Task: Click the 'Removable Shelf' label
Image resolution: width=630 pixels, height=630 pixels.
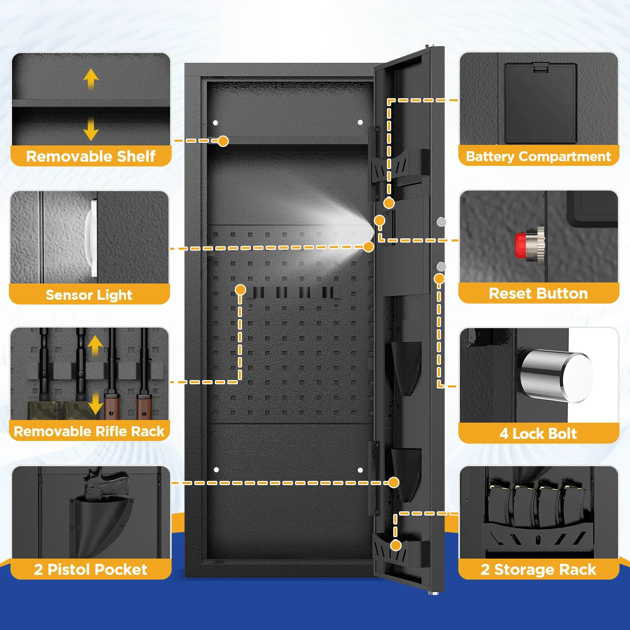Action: (91, 156)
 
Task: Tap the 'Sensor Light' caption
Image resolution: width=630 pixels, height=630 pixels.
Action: (89, 295)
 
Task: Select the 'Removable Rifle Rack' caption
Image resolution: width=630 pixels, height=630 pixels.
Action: (89, 432)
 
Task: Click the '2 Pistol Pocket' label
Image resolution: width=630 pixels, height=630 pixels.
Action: (91, 570)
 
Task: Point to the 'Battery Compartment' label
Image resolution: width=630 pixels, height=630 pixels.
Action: (539, 156)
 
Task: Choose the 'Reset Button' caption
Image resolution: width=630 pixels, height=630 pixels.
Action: (539, 293)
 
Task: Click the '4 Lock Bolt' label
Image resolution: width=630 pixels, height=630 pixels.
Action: (539, 434)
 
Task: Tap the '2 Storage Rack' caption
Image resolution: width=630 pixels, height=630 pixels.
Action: (539, 570)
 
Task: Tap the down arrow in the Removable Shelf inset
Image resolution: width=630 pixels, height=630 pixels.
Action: (91, 129)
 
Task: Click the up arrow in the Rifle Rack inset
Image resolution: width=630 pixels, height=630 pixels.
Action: (95, 345)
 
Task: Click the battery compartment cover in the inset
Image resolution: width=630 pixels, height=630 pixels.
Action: (540, 103)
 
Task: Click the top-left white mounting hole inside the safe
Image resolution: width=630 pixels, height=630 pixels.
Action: (216, 123)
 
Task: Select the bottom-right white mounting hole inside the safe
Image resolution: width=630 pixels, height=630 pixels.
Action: (360, 470)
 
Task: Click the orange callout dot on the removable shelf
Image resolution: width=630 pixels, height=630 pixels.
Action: (223, 141)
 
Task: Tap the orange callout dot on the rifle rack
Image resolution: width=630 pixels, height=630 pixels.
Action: (240, 289)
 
